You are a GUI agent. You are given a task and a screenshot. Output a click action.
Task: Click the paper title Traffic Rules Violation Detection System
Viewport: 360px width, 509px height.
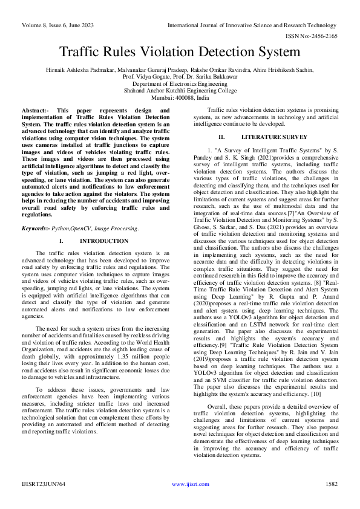(x=180, y=53)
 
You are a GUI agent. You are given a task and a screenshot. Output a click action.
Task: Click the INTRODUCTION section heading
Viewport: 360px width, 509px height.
(x=104, y=224)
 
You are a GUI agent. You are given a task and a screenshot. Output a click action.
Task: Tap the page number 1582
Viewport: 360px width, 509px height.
(x=331, y=484)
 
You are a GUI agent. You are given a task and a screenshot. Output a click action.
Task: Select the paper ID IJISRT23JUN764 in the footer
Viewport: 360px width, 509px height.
(x=44, y=484)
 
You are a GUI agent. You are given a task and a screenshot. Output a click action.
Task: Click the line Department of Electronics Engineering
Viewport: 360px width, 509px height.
(x=180, y=85)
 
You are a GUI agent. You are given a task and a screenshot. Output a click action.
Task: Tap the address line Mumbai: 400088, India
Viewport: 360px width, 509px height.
(x=180, y=99)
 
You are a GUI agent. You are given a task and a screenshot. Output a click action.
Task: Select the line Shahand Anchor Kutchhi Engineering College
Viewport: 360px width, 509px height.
(x=180, y=91)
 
